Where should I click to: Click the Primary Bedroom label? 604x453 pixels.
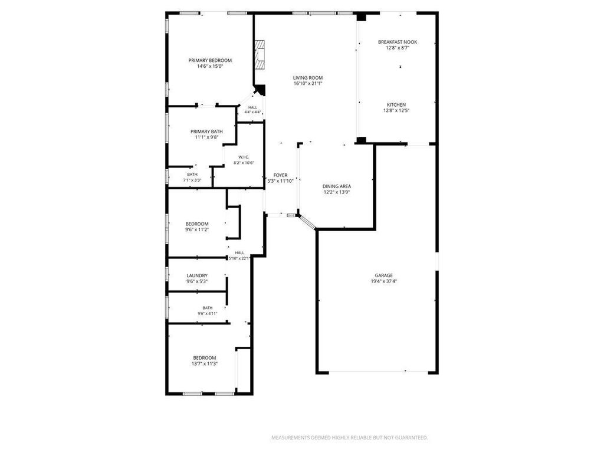[x=210, y=61]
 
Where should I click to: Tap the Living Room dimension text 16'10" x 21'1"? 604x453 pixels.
[x=308, y=83]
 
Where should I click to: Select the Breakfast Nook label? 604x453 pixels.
[x=398, y=42]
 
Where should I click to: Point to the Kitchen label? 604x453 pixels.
[x=396, y=105]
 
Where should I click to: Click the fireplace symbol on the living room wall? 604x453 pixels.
[x=260, y=55]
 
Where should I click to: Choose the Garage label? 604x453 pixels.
[x=384, y=275]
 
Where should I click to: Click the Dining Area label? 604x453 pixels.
[x=337, y=186]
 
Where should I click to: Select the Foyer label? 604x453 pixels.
[x=280, y=175]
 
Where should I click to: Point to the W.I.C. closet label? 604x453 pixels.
[x=244, y=157]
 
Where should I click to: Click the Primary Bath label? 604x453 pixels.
[x=206, y=132]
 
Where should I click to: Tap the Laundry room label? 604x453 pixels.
[x=197, y=276]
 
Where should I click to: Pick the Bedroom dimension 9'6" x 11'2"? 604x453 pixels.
[x=197, y=230]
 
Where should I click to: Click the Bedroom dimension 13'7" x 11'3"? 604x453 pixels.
[x=205, y=363]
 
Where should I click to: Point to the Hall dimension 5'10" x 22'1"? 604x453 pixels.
[x=239, y=258]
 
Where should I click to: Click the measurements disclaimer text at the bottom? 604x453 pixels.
[x=350, y=438]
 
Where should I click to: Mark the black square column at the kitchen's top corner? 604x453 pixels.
[x=362, y=17]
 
